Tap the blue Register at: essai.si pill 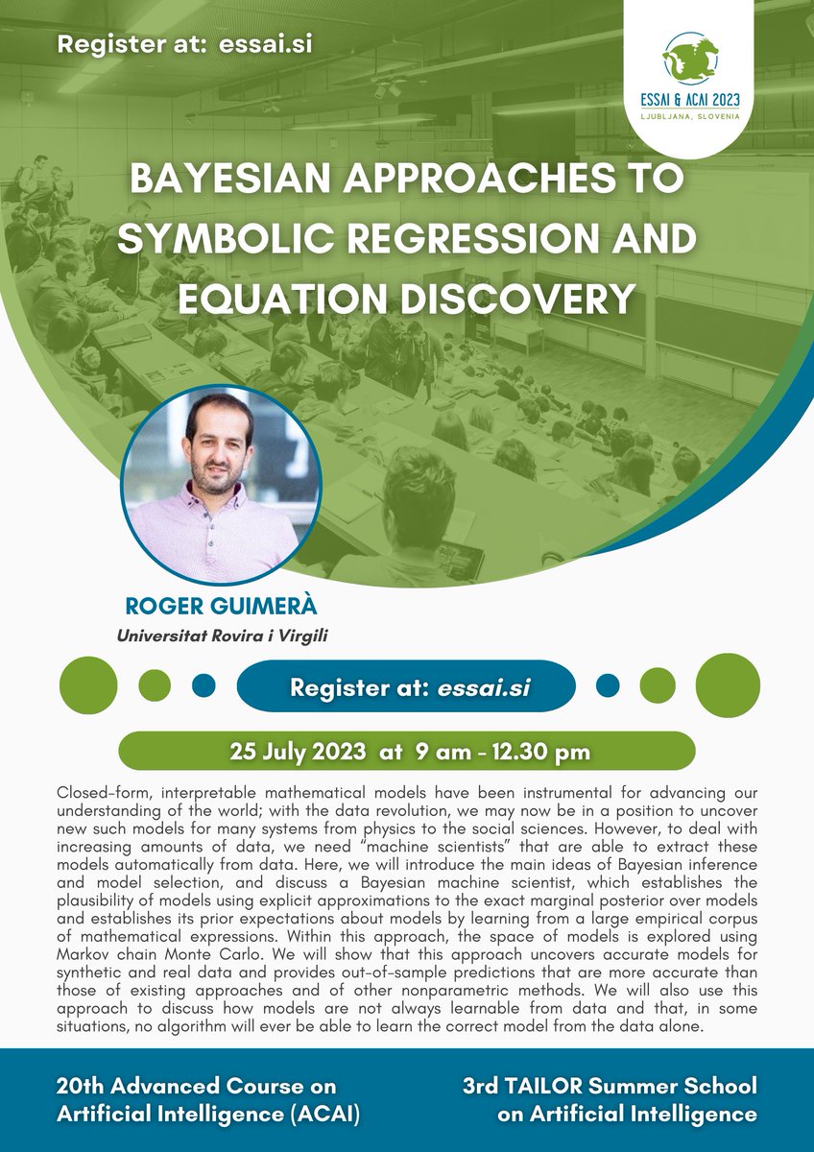click(405, 687)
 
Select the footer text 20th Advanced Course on click(196, 1086)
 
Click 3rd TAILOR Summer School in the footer click(609, 1086)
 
